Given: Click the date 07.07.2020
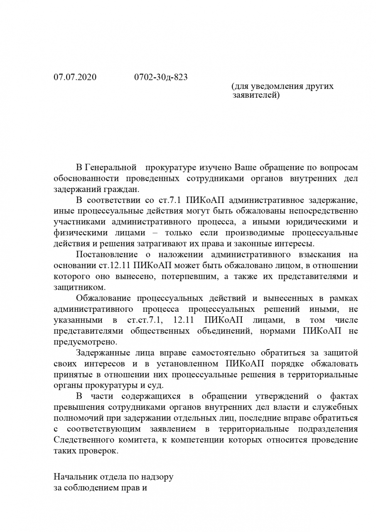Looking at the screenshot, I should tap(75, 77).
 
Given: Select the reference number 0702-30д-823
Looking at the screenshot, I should tap(161, 77).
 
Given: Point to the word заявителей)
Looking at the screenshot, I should tap(256, 96).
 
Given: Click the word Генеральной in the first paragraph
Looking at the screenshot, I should tap(111, 167).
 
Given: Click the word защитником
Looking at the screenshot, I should tap(79, 287).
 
